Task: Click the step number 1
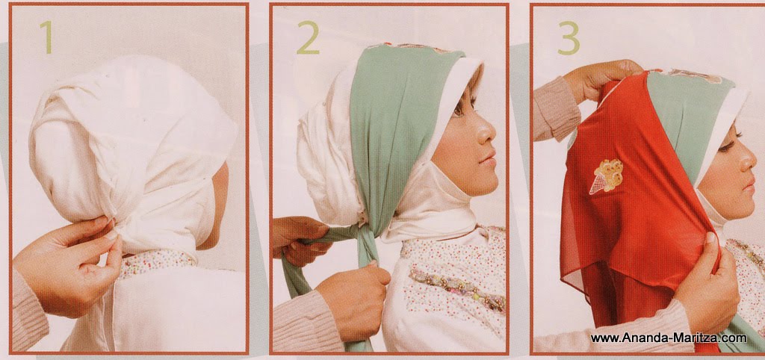(46, 37)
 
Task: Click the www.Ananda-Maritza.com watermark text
(668, 338)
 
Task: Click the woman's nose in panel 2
(489, 135)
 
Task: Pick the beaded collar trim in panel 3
(747, 254)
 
